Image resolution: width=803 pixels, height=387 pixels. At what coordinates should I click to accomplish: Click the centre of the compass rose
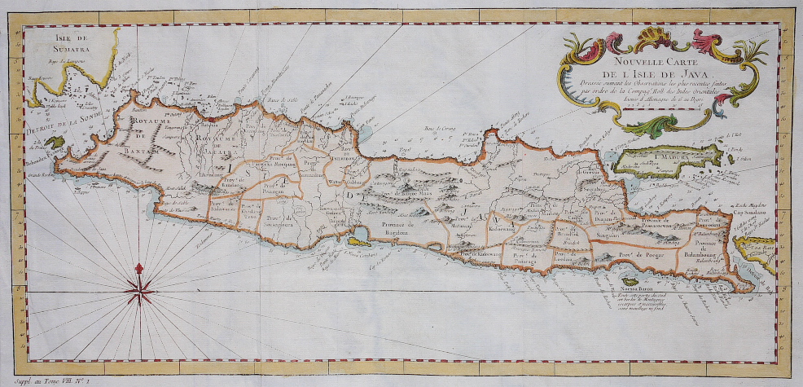(x=140, y=287)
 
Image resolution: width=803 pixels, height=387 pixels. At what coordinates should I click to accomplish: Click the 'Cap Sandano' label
(x=746, y=214)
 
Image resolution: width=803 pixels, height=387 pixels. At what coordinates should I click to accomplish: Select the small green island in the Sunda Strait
(x=54, y=143)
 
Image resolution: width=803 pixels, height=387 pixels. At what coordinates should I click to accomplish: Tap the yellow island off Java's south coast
(x=358, y=240)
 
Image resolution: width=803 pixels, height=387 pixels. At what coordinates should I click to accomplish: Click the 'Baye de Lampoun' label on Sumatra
(x=62, y=60)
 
